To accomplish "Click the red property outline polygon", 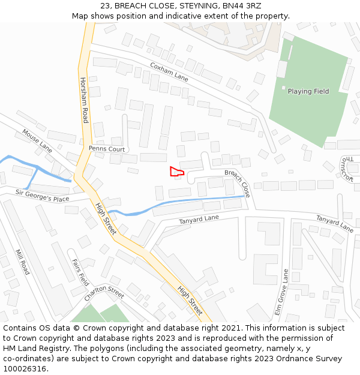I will (x=176, y=172).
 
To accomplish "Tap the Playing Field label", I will (x=308, y=92).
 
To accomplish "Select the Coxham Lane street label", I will (x=169, y=72).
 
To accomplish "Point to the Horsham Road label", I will (x=85, y=100).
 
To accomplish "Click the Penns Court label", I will (x=107, y=148).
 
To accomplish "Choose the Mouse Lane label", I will (x=37, y=139).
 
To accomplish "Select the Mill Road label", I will (x=22, y=262).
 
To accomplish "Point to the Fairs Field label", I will (x=80, y=272).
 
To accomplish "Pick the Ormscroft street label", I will (x=346, y=169).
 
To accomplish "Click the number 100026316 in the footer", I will (x=26, y=368).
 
